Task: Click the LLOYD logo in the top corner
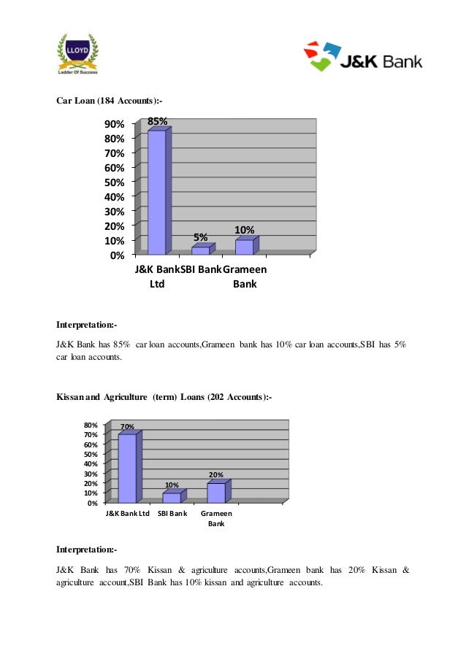(x=77, y=53)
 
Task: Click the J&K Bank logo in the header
(x=364, y=58)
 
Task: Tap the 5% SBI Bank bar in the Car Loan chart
(x=201, y=250)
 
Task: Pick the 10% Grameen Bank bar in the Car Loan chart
(x=244, y=247)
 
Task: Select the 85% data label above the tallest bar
(x=158, y=120)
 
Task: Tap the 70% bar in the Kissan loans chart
(x=127, y=468)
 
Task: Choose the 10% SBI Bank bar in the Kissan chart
(x=172, y=498)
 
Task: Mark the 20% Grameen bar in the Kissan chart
(x=216, y=493)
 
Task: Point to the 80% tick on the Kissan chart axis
(x=91, y=425)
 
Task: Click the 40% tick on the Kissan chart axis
(x=91, y=463)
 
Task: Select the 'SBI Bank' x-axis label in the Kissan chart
(x=172, y=514)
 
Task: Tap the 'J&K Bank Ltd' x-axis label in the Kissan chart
(x=128, y=514)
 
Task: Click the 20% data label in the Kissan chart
(x=216, y=475)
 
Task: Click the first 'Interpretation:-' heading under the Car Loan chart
(x=86, y=324)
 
